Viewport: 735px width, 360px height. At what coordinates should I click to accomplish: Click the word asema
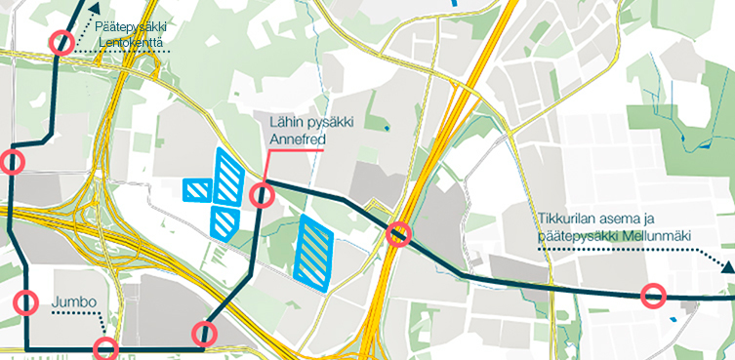[x=640, y=218]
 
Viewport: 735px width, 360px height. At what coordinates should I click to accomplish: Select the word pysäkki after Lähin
[x=338, y=122]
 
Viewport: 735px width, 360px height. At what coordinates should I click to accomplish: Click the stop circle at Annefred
[x=262, y=196]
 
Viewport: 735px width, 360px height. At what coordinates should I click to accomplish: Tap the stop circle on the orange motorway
[x=398, y=234]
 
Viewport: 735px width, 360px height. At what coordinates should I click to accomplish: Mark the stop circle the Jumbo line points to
[x=105, y=348]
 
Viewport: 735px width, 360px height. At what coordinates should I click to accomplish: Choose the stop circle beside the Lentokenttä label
[x=61, y=42]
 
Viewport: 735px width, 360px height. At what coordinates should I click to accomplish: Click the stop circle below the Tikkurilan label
[x=653, y=295]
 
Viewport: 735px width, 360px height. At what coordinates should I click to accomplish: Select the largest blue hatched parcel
[x=314, y=252]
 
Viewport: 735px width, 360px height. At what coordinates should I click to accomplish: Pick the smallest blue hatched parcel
[x=197, y=188]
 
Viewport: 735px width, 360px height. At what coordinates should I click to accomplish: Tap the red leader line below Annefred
[x=266, y=166]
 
